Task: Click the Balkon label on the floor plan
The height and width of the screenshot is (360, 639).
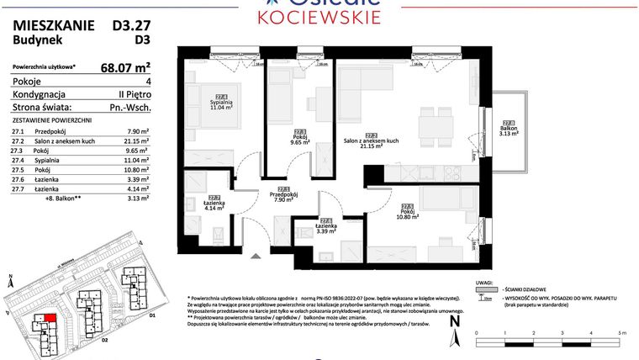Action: [x=507, y=129]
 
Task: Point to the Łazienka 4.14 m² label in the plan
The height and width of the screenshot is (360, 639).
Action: [x=214, y=204]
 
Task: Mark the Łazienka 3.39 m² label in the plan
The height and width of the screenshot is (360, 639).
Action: [x=326, y=225]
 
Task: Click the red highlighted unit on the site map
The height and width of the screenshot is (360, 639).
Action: [x=50, y=320]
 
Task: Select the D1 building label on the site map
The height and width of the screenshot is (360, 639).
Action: [x=152, y=315]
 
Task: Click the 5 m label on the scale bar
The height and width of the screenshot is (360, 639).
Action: [x=620, y=334]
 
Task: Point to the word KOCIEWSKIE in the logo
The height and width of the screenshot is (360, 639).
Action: [x=319, y=17]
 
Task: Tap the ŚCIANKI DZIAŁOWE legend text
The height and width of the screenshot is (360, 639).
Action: [x=525, y=287]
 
